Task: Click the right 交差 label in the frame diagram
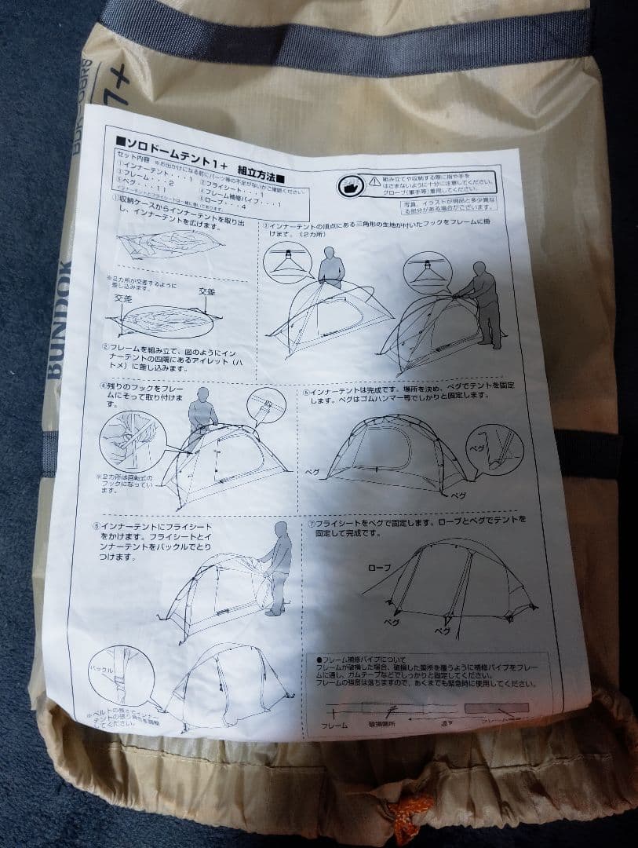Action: point(206,291)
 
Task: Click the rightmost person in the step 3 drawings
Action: point(487,303)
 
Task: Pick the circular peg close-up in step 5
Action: point(494,448)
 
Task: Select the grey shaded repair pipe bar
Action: point(496,707)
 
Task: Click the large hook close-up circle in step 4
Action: point(132,440)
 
